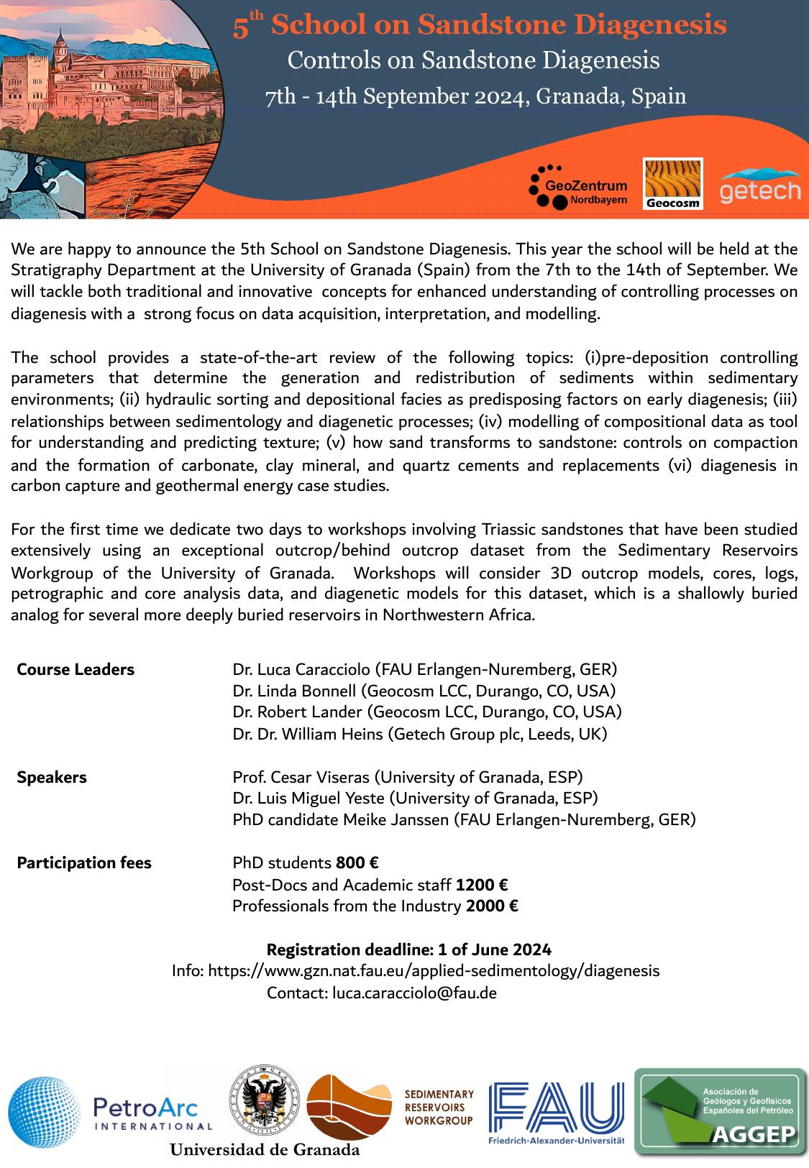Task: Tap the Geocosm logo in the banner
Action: (672, 184)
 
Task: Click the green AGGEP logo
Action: (719, 1111)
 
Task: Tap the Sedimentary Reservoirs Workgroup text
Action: (439, 1107)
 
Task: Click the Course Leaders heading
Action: (76, 670)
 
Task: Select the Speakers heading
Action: (52, 777)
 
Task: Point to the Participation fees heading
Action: (84, 863)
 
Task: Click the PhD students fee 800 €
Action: (357, 863)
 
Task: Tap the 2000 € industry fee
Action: (492, 906)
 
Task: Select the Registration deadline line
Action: (409, 949)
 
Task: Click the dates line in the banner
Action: (475, 96)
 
